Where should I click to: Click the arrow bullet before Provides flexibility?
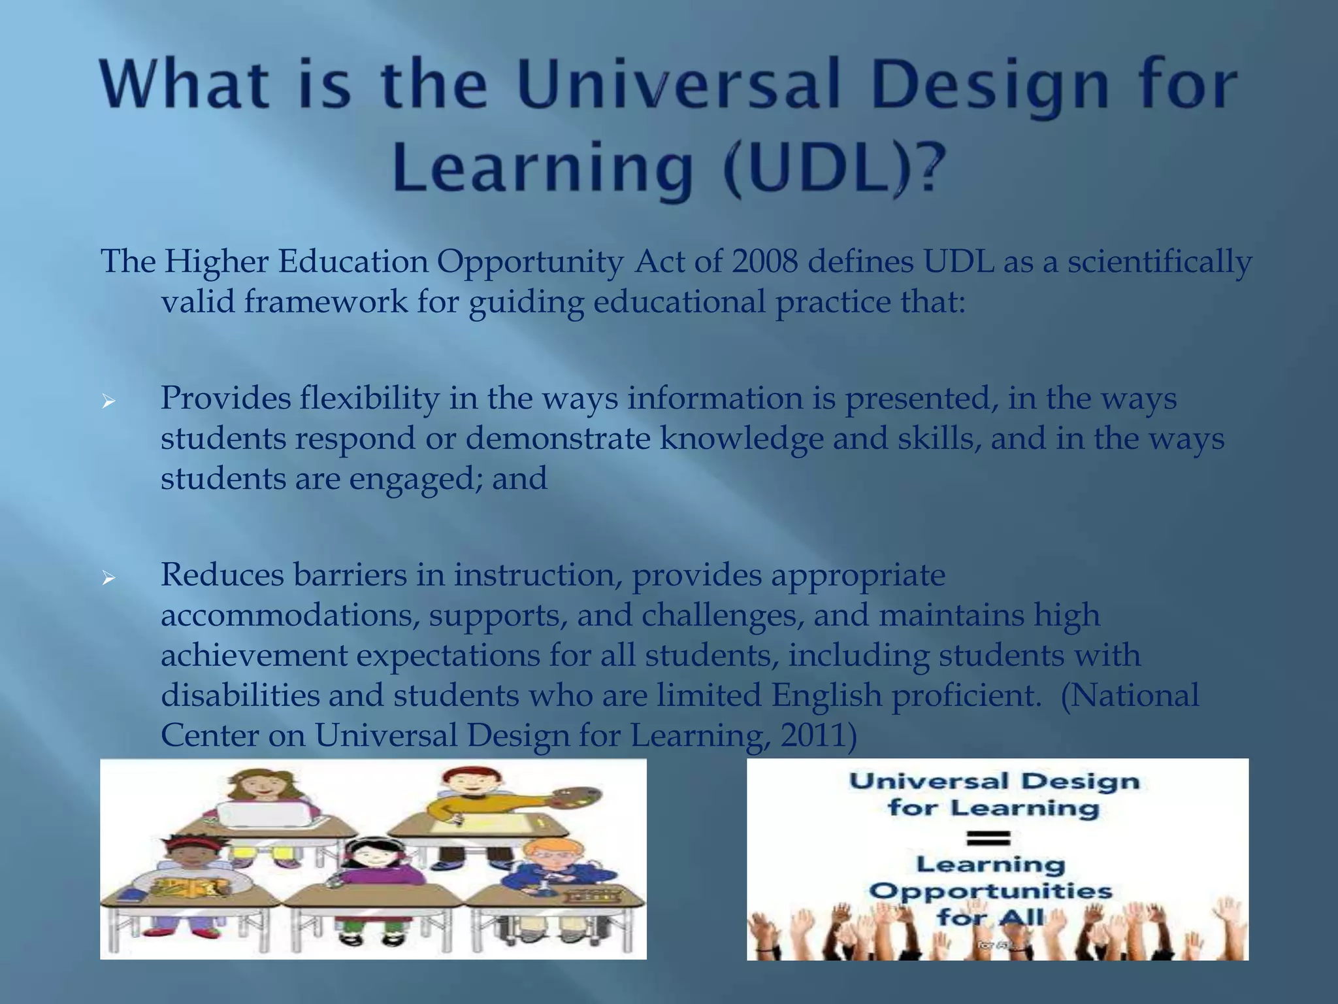point(108,401)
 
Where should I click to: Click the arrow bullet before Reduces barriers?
point(108,577)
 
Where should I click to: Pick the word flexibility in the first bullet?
point(370,399)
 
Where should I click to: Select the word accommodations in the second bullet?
point(290,616)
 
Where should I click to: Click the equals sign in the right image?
point(988,837)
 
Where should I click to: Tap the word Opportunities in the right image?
point(990,891)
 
